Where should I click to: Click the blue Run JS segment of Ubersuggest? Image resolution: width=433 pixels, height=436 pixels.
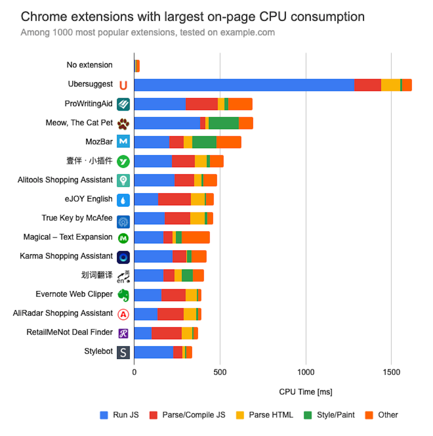click(244, 85)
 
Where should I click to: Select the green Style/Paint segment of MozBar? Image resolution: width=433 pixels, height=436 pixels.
click(204, 142)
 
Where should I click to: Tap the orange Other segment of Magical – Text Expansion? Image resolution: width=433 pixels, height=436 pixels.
click(196, 237)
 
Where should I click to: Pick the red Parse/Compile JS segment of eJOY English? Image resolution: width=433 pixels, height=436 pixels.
click(174, 199)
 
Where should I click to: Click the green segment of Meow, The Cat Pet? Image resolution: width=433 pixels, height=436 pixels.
click(223, 123)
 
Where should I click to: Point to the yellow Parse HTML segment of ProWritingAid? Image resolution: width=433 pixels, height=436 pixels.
click(221, 104)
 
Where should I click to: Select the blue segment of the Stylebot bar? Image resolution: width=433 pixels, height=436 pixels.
click(154, 352)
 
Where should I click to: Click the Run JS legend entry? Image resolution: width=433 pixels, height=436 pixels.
click(119, 415)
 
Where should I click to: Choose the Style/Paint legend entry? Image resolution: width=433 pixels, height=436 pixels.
click(329, 415)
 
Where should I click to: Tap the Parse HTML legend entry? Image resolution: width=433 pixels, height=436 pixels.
click(264, 415)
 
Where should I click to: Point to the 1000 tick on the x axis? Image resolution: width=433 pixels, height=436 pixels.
click(306, 372)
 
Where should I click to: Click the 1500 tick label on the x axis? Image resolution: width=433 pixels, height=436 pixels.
click(391, 372)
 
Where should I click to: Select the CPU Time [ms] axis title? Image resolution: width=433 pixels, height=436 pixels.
click(305, 392)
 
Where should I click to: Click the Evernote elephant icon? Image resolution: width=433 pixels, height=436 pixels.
click(123, 295)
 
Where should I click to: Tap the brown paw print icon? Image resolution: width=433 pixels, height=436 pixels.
click(123, 124)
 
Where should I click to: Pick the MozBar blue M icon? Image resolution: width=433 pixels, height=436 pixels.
click(123, 142)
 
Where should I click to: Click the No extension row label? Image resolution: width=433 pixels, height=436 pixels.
click(90, 65)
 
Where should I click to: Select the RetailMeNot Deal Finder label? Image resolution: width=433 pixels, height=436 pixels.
click(70, 332)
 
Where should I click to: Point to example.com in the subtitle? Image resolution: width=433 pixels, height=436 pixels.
click(247, 33)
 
